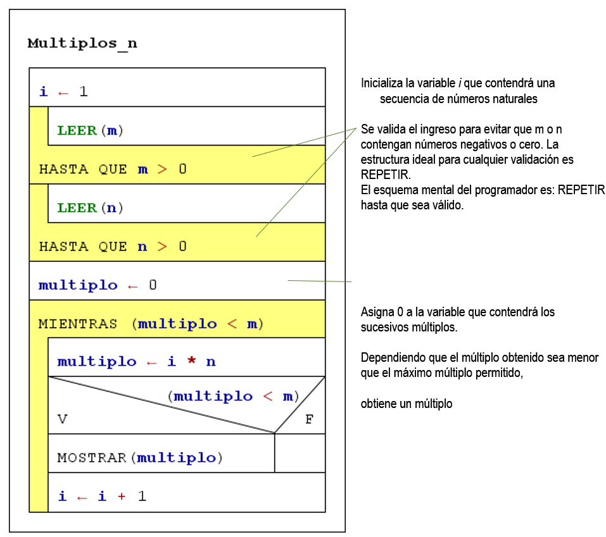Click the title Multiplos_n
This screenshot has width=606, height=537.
tap(82, 44)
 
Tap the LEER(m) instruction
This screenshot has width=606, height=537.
tap(90, 131)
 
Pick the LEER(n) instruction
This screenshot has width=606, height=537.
tap(90, 207)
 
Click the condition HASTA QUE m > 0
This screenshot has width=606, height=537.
tap(113, 170)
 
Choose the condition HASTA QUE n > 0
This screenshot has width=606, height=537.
tap(113, 246)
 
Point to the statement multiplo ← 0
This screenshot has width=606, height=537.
tap(98, 285)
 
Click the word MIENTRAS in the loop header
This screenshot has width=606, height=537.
tap(78, 324)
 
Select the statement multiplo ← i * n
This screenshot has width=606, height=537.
tap(136, 362)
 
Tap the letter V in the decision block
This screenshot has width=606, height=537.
tap(62, 419)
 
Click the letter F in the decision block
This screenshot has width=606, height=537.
tap(309, 419)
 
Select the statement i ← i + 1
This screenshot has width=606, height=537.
tap(102, 497)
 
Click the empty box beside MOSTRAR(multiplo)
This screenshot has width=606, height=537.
tap(300, 453)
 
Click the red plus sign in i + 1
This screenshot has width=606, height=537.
tap(121, 497)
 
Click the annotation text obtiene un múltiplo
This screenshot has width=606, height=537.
tap(407, 404)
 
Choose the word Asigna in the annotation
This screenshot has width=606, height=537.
tap(377, 312)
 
